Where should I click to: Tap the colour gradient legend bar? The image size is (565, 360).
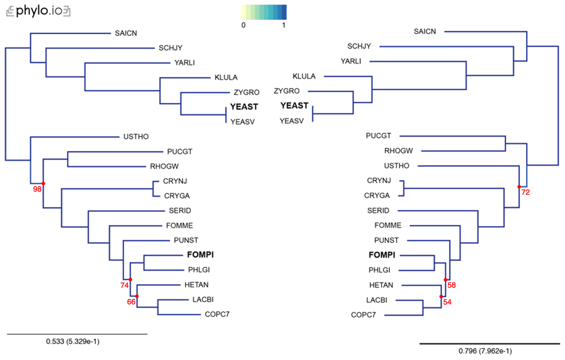tap(264, 12)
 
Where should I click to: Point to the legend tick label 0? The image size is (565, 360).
tap(244, 25)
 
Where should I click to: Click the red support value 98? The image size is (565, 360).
tap(37, 189)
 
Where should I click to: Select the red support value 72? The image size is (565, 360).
tap(525, 192)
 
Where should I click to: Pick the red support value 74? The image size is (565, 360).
tap(124, 285)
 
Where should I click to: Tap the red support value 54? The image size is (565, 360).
tap(447, 302)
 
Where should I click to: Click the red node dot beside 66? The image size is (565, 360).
tap(137, 296)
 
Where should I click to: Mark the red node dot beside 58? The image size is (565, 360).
tap(445, 280)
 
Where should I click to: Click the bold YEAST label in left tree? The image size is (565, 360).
tap(244, 107)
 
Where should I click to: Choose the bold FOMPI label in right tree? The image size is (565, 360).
tap(382, 255)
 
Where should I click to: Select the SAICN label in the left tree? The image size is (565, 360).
tap(126, 33)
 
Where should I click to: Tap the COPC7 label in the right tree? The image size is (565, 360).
tap(363, 315)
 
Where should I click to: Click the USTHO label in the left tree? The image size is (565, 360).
tap(136, 137)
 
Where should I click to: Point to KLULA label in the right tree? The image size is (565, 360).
tap(304, 76)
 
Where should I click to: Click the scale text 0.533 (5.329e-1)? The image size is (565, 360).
tap(72, 341)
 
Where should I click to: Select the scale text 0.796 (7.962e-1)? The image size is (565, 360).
tap(485, 350)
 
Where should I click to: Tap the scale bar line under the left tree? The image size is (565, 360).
tap(77, 334)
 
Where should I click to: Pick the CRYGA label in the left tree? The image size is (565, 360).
tap(177, 196)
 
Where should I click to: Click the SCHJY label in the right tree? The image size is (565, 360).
tap(359, 46)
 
